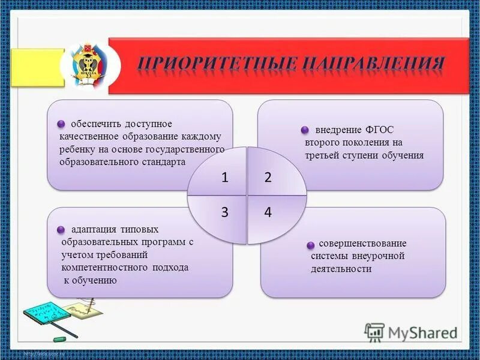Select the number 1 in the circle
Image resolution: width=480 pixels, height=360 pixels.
click(224, 178)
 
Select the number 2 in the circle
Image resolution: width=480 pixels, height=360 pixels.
click(268, 178)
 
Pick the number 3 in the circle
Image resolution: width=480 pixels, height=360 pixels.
click(224, 213)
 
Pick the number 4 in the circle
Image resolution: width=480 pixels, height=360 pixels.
click(268, 213)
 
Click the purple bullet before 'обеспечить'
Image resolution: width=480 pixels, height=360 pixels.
click(61, 124)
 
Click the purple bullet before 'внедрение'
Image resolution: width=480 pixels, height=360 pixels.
click(305, 130)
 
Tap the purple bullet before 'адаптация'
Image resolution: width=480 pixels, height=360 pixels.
click(61, 230)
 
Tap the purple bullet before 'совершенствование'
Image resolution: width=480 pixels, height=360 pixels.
click(311, 245)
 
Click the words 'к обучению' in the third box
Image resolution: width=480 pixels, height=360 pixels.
click(91, 281)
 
